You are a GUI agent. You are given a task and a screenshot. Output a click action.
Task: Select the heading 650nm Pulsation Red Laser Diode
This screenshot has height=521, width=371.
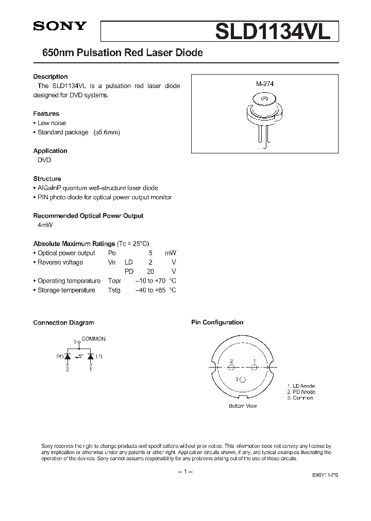(x=118, y=53)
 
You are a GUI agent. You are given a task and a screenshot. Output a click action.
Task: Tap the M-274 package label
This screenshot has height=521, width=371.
(x=265, y=83)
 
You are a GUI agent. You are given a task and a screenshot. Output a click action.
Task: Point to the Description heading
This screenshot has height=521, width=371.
(x=50, y=77)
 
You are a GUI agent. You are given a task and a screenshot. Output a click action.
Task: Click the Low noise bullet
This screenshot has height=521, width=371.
(x=51, y=123)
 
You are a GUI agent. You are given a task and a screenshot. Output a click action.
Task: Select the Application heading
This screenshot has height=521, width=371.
(x=50, y=151)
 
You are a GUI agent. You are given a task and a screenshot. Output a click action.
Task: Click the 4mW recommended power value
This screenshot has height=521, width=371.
(x=45, y=225)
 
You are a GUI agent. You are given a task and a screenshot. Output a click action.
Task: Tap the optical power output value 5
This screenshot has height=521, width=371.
(x=150, y=253)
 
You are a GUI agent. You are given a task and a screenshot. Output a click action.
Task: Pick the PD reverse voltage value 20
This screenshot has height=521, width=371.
(x=150, y=271)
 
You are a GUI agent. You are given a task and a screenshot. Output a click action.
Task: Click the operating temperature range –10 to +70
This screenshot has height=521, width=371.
(x=149, y=281)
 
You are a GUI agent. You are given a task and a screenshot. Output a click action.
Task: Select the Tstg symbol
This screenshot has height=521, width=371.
(x=114, y=290)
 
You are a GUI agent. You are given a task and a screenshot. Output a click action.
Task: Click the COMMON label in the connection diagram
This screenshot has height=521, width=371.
(x=93, y=339)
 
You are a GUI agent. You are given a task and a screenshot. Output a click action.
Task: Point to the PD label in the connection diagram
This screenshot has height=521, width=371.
(x=60, y=356)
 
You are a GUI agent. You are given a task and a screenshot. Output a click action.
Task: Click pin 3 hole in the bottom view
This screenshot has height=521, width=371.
(x=243, y=379)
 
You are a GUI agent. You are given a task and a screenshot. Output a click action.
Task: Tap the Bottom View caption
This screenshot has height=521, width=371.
(x=243, y=406)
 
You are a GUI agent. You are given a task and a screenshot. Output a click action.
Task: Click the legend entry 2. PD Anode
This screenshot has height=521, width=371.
(x=301, y=392)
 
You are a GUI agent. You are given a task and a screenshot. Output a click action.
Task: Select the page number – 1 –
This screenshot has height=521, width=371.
(x=185, y=472)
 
